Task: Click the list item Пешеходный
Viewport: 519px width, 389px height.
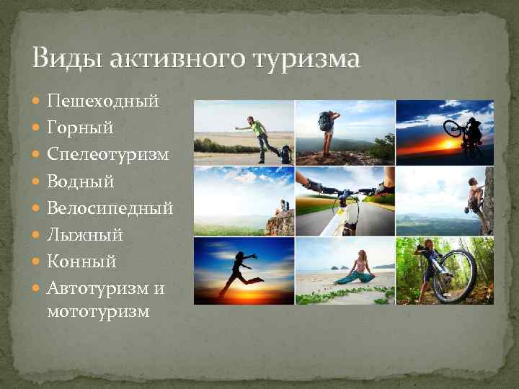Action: pos(102,101)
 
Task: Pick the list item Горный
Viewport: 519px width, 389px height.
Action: pos(80,128)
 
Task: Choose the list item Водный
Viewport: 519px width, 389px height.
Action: pos(81,182)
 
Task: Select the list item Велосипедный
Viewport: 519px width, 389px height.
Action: pos(110,208)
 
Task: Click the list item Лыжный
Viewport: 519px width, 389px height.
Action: pos(85,235)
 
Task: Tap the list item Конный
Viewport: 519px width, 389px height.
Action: pos(81,261)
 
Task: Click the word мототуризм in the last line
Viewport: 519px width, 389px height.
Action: pos(98,311)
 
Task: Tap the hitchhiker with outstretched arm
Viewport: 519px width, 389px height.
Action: pos(259,137)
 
